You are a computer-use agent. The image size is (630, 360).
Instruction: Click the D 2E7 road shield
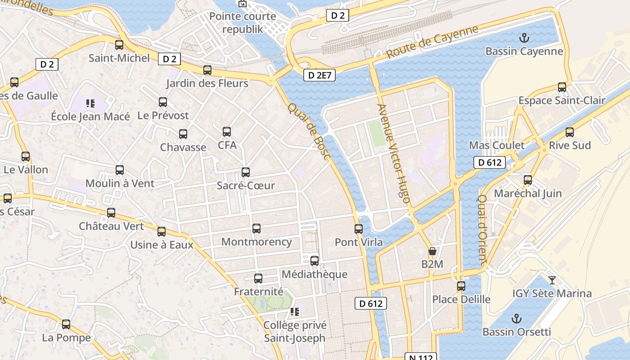(319, 75)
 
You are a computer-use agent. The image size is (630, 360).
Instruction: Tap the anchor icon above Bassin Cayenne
(524, 38)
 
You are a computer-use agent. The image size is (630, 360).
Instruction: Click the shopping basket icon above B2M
(432, 251)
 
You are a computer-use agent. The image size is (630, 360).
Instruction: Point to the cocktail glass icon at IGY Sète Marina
(552, 280)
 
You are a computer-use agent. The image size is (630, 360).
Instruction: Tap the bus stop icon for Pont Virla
(358, 229)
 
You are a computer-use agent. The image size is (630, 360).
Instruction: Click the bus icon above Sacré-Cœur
(245, 172)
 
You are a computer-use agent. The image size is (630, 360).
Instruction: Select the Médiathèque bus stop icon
(314, 261)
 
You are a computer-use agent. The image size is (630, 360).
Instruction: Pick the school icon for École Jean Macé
(90, 104)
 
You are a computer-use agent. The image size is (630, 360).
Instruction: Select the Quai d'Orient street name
(482, 229)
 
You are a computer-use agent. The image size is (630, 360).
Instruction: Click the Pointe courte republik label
(243, 23)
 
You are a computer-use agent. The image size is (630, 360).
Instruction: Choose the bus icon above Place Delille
(461, 286)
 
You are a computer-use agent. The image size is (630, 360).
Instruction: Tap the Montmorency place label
(256, 242)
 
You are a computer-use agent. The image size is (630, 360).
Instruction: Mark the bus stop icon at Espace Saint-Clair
(562, 87)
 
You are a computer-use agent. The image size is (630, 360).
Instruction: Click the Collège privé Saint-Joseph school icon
(294, 312)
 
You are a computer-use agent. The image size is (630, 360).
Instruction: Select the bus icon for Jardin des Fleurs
(207, 70)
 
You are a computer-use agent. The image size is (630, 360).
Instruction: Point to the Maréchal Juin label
(528, 193)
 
